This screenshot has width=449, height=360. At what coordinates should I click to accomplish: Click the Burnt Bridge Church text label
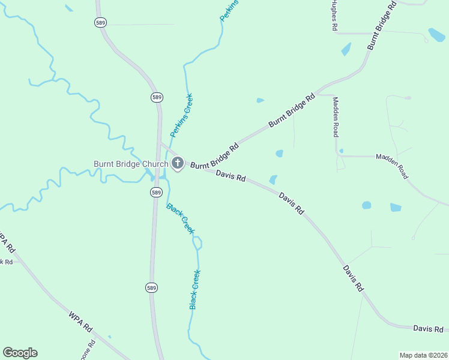(x=130, y=164)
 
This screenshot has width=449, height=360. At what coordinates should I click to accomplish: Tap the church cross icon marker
(x=178, y=163)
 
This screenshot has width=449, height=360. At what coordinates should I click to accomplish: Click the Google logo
(x=20, y=353)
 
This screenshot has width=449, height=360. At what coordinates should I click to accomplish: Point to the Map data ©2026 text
(x=423, y=355)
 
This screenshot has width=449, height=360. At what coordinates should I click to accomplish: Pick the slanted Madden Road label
(x=392, y=166)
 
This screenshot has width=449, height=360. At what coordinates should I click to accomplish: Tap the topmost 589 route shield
(x=100, y=22)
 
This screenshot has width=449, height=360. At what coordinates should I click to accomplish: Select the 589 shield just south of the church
(x=156, y=192)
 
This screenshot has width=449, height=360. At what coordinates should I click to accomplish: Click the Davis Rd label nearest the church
(x=231, y=176)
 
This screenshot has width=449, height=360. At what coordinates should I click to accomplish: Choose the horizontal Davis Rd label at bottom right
(x=428, y=329)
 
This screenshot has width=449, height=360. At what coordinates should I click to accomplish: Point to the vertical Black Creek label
(x=194, y=290)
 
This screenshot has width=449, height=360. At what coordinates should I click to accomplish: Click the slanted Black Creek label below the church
(x=181, y=219)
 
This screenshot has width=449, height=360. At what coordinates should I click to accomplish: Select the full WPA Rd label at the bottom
(x=80, y=321)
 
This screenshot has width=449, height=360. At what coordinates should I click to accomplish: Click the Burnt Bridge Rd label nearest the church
(x=215, y=156)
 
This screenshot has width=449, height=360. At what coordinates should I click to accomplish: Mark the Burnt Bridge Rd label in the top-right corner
(x=382, y=25)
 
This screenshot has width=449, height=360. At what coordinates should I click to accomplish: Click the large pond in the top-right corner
(x=436, y=34)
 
